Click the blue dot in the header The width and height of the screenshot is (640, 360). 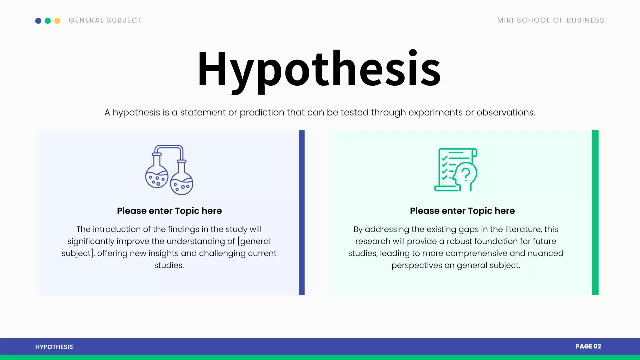pos(38,21)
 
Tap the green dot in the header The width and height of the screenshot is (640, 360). pos(48,21)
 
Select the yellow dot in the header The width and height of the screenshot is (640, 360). pos(57,21)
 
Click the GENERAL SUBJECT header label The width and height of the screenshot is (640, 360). pos(105,20)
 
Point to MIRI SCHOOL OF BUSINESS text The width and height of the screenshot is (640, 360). pos(550,20)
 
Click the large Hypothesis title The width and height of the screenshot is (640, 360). pos(319,69)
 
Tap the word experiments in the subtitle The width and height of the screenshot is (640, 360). pos(435,112)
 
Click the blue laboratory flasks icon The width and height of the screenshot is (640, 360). pos(169,170)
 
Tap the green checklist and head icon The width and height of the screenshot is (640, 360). pos(456,170)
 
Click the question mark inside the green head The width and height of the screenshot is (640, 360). pos(466,174)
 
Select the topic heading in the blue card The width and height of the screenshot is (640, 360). pos(169,211)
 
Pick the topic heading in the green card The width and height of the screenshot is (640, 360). pos(462,211)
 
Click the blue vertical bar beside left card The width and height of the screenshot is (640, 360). pos(302,212)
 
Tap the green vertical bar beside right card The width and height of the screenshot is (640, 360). pos(595,212)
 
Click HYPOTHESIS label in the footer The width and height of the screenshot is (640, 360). pos(54,347)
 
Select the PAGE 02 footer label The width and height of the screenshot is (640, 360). pos(588,346)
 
